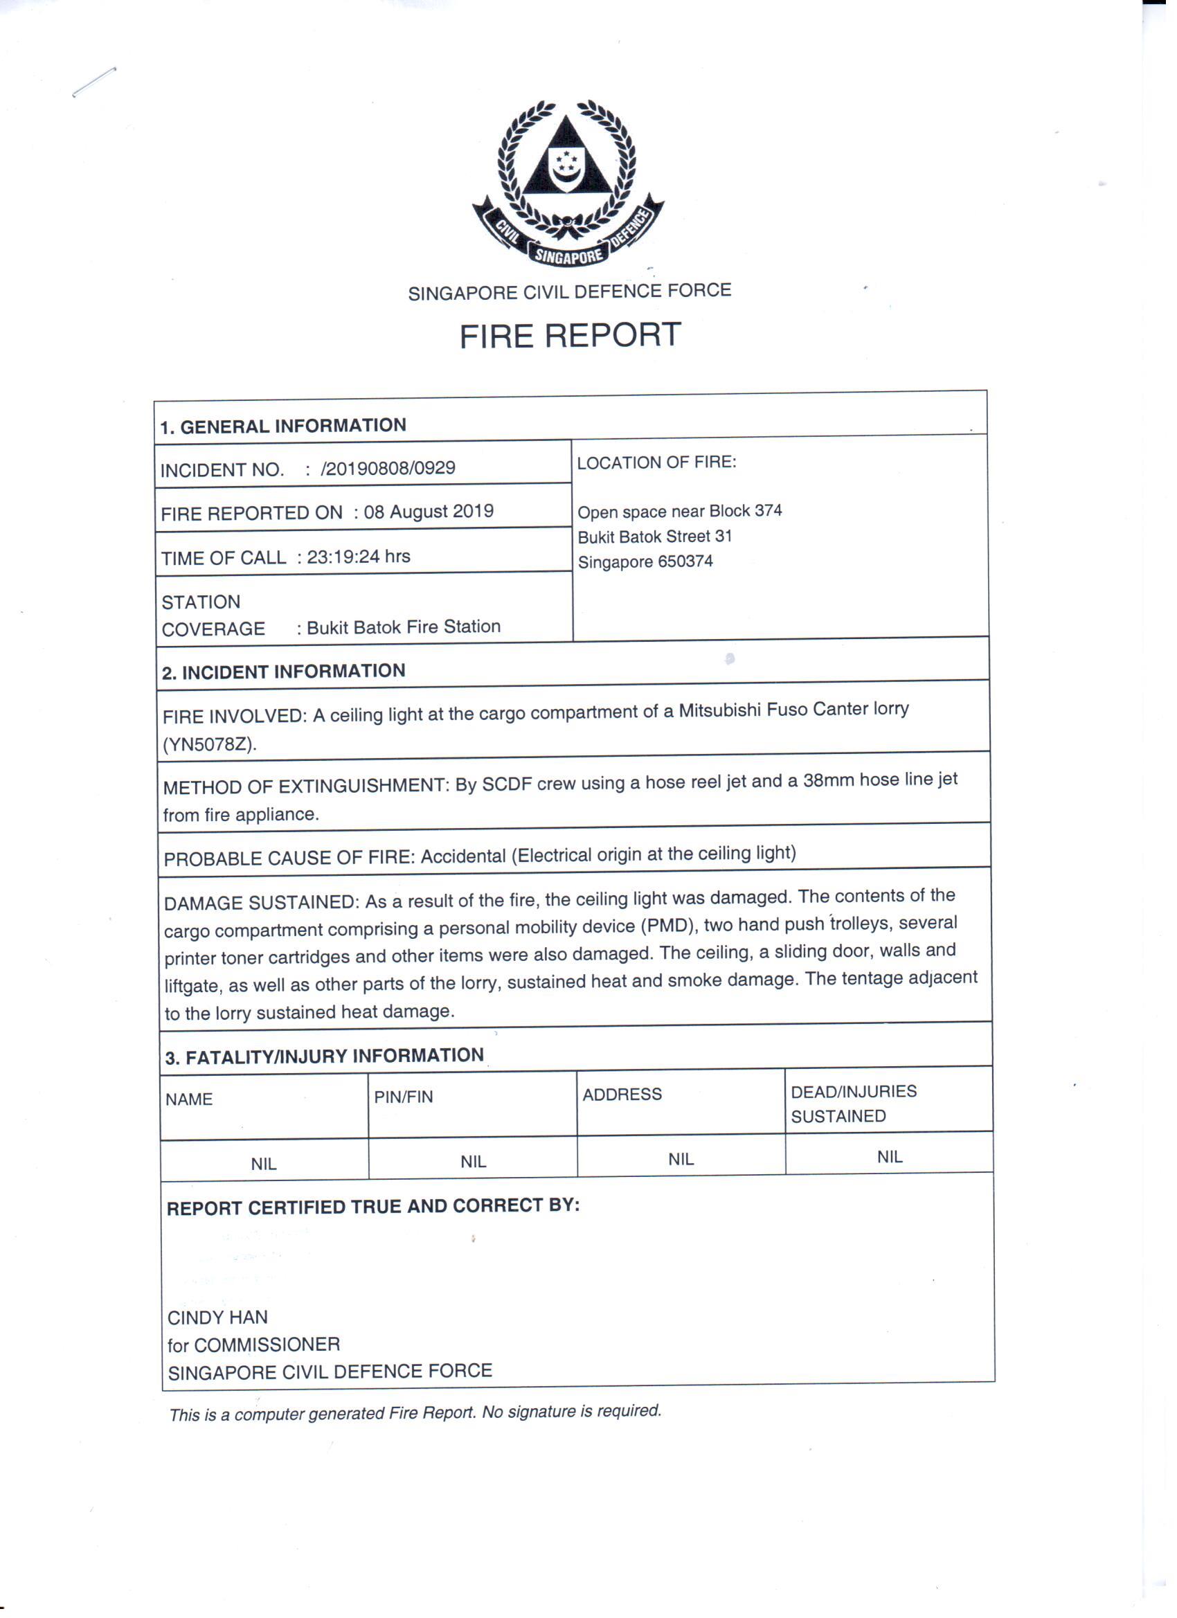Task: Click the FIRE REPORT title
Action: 570,336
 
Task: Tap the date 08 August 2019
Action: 429,512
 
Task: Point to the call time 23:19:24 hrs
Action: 358,557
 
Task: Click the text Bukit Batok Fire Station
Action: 404,627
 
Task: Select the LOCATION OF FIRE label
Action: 656,462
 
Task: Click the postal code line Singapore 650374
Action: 645,561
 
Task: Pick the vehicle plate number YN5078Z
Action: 208,745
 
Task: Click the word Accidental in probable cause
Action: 463,856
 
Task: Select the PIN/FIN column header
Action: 403,1097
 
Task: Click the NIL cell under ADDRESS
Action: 681,1159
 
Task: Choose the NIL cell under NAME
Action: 263,1164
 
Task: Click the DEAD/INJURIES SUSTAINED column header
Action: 853,1104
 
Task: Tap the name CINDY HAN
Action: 217,1317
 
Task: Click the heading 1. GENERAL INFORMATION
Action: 282,426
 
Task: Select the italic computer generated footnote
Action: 415,1412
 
